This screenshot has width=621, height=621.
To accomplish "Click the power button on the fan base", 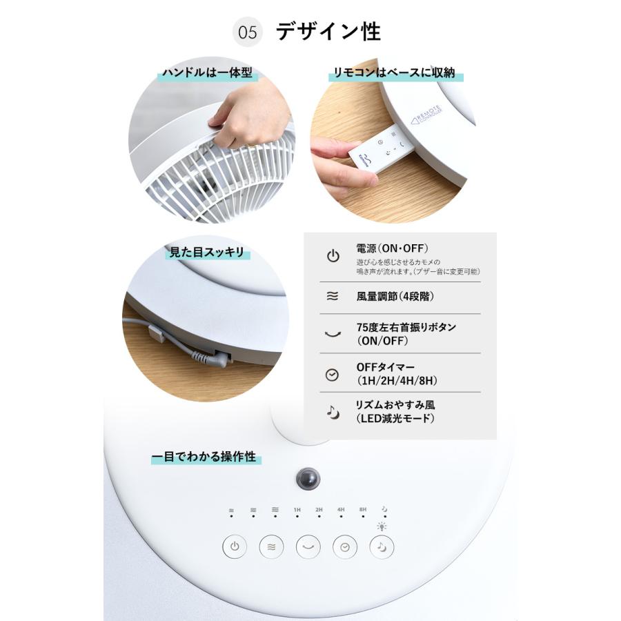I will click(235, 547).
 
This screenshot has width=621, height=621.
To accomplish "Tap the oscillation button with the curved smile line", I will click(308, 547).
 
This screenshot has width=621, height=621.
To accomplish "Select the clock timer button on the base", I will click(345, 547).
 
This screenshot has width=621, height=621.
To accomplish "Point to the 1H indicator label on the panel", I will click(297, 510).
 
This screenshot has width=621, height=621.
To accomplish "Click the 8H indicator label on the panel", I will click(363, 510).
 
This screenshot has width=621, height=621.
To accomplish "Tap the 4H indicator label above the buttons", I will click(341, 510).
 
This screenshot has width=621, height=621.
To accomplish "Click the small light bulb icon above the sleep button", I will click(382, 526).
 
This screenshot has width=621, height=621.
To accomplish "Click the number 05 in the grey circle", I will click(248, 33).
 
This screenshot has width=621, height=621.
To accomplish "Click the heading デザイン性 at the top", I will click(328, 32).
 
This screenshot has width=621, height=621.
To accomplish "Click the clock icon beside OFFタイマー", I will click(332, 375).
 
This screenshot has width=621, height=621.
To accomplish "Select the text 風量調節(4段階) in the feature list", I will click(395, 296).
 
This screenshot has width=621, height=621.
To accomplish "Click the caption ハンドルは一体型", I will click(207, 73).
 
